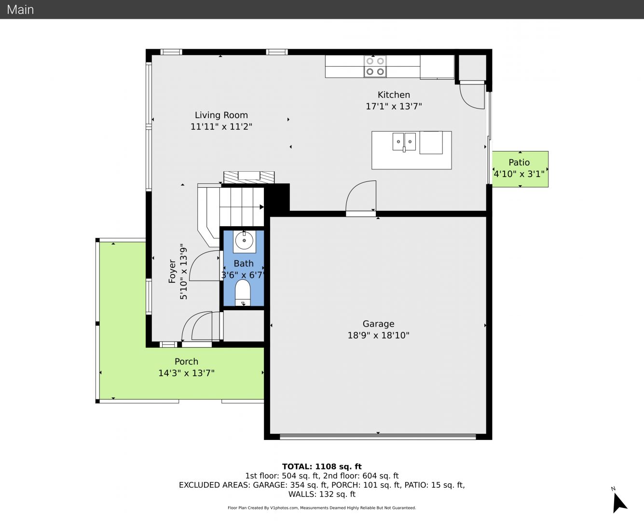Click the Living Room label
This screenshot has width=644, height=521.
(221, 115)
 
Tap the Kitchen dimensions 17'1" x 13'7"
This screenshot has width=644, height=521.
(394, 107)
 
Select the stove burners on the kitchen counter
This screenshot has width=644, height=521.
(375, 66)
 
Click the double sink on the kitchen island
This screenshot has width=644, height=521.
(404, 141)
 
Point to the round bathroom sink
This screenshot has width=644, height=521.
(244, 241)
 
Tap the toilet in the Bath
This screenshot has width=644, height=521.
(243, 292)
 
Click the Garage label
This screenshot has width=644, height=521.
(379, 324)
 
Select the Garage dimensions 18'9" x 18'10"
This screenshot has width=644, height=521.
(379, 335)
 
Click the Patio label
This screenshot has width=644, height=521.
(519, 163)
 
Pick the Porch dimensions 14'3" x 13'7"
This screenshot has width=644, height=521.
(187, 373)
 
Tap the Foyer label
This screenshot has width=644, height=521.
(172, 271)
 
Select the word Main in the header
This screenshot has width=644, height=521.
(20, 10)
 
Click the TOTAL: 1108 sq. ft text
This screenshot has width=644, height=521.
(322, 466)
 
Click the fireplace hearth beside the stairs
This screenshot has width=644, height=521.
(249, 177)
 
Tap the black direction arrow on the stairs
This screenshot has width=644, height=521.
(262, 207)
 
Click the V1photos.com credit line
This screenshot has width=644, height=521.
(322, 507)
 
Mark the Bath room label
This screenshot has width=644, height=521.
(244, 263)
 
